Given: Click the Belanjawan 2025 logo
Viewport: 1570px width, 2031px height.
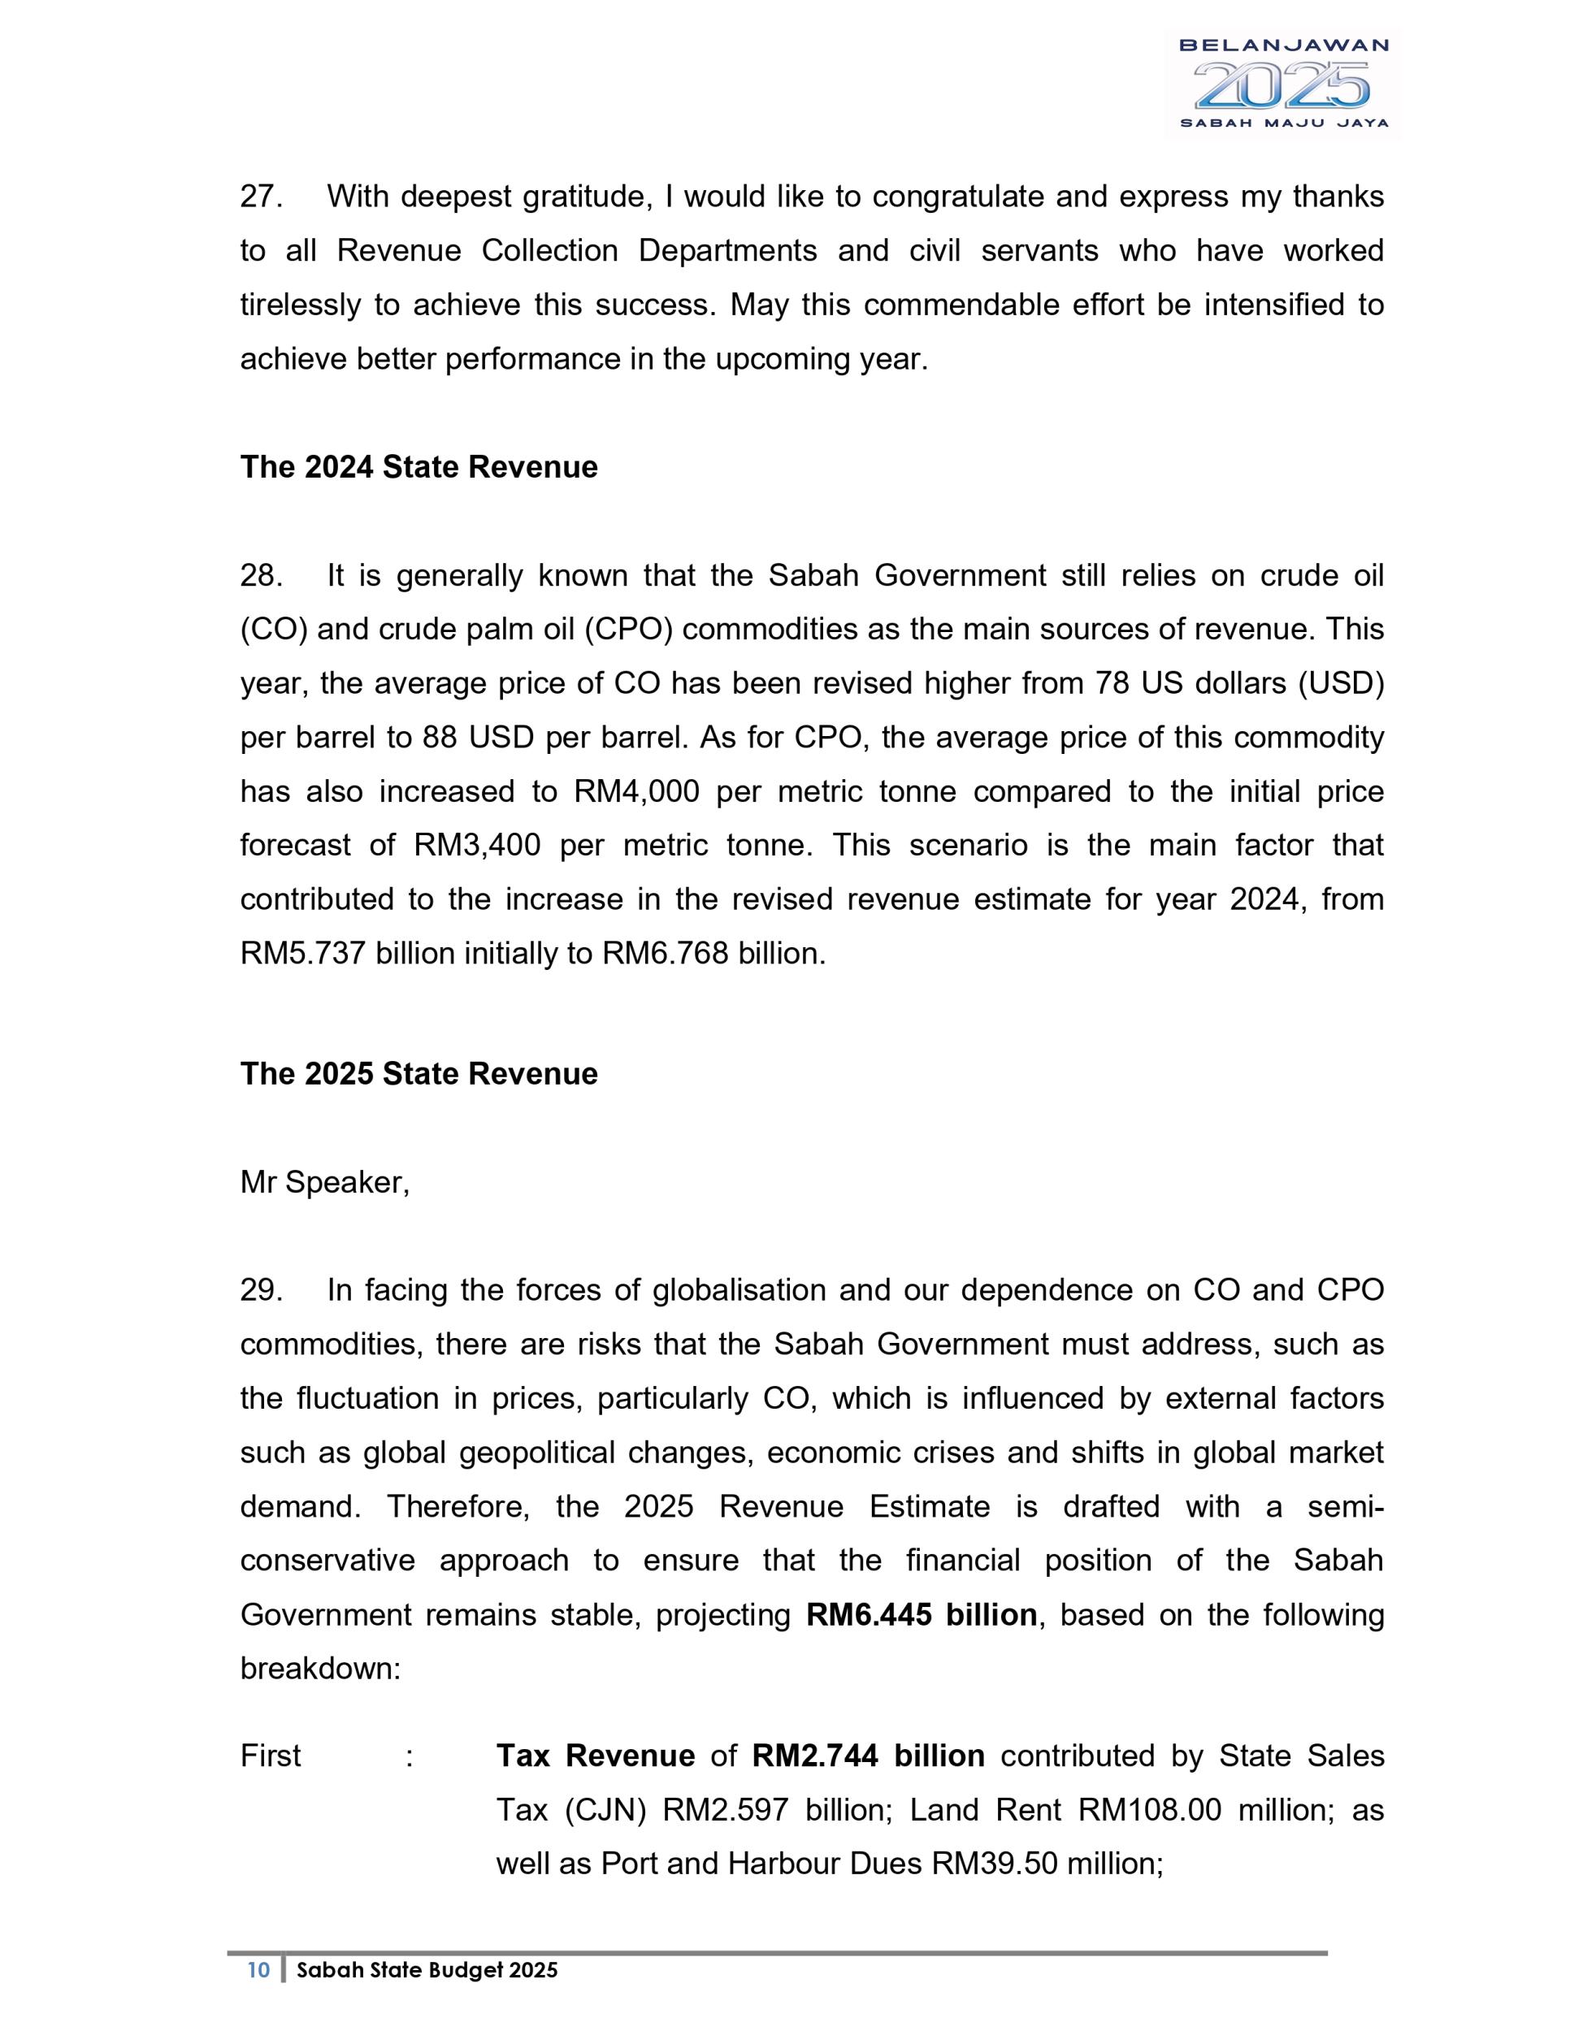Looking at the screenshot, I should coord(1282,84).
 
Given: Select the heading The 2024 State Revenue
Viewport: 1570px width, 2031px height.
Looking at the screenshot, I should coord(419,467).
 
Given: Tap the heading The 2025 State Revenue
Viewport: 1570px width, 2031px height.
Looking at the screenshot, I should coord(419,1074).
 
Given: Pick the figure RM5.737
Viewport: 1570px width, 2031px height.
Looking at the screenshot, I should coord(302,953).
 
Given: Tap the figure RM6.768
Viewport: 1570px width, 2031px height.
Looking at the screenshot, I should coord(665,953).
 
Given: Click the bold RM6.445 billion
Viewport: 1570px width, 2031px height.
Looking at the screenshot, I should coord(921,1614).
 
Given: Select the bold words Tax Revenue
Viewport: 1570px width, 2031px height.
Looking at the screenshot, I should coord(596,1756).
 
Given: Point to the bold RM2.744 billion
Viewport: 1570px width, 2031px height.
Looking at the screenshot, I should coord(868,1756).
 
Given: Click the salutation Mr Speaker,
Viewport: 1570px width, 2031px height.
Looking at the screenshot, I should coord(324,1182).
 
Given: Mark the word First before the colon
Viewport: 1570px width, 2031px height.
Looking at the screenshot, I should coord(271,1756).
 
